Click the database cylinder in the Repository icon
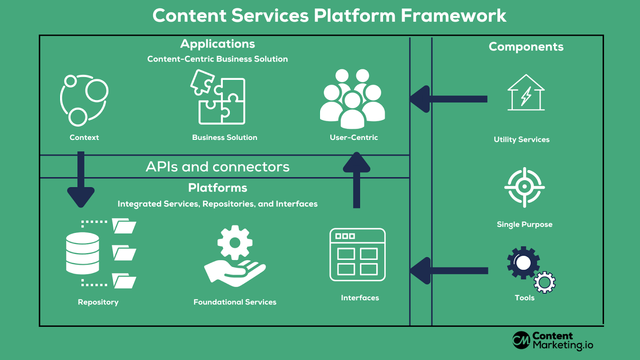click(x=82, y=254)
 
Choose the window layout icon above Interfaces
click(x=357, y=255)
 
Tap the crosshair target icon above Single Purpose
click(x=524, y=187)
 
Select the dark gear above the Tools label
click(x=523, y=263)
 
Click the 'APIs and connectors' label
click(x=218, y=167)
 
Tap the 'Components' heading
click(x=526, y=47)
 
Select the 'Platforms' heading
click(x=218, y=188)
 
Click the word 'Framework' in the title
click(x=454, y=16)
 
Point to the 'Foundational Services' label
click(x=235, y=302)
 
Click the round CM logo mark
click(x=521, y=340)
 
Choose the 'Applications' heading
click(x=218, y=44)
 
